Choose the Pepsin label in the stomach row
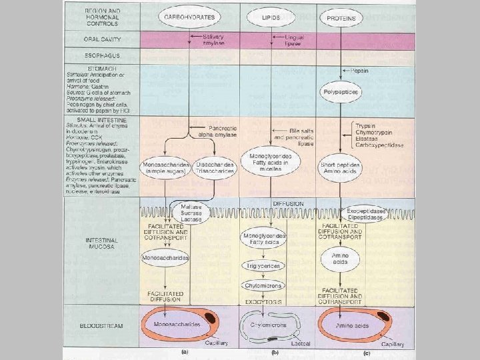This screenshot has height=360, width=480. tap(359, 70)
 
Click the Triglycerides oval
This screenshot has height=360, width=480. tap(264, 265)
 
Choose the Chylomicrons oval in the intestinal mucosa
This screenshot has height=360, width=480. tap(264, 285)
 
